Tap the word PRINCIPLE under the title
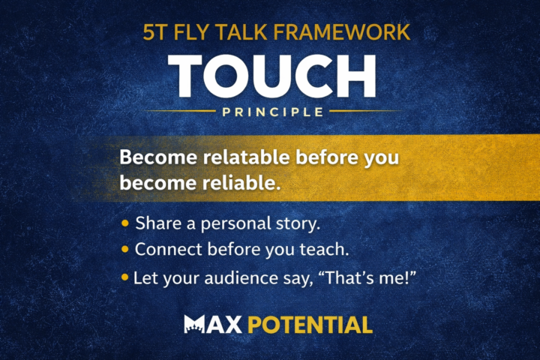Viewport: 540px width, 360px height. (x=271, y=112)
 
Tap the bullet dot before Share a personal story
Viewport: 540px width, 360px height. (x=124, y=223)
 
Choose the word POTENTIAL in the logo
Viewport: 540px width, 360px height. (x=309, y=325)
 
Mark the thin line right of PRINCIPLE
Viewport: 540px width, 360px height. (x=364, y=112)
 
